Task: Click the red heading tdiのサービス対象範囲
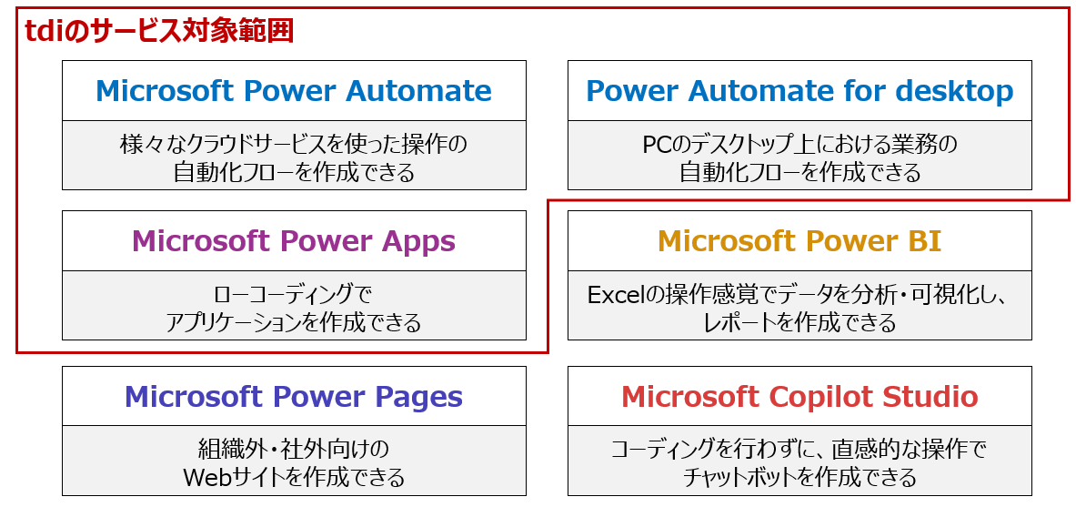pos(159,31)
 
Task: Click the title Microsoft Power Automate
pos(294,90)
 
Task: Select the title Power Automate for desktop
pos(799,90)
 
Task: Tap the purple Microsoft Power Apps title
pos(294,241)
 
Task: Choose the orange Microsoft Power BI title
pos(799,240)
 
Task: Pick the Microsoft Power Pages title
pos(294,396)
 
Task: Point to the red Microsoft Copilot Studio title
pos(799,396)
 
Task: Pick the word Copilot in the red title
pos(812,398)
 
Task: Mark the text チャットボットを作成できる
pos(799,476)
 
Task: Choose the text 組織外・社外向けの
pos(294,450)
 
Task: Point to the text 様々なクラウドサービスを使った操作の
pos(294,145)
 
